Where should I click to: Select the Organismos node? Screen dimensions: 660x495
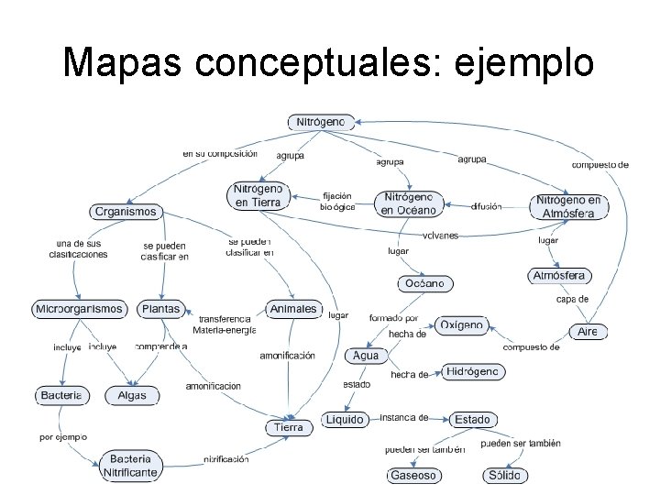pos(126,212)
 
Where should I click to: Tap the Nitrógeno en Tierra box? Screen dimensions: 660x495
pos(258,195)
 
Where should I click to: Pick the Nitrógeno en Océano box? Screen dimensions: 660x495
pos(410,203)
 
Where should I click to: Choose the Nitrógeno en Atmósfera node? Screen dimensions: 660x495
pos(569,206)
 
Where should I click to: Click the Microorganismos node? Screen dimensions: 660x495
pos(79,309)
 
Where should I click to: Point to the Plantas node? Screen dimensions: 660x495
pos(160,309)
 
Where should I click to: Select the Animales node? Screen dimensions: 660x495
pos(293,309)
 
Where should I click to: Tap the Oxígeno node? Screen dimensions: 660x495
pos(461,325)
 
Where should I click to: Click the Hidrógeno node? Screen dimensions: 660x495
pos(473,371)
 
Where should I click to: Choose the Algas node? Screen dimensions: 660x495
pos(132,396)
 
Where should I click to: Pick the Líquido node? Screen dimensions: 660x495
pos(345,419)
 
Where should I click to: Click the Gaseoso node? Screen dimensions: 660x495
pos(414,476)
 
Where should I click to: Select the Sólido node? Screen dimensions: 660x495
pos(505,476)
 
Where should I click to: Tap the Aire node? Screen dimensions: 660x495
pos(588,332)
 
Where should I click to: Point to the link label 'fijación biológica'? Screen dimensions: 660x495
pos(336,202)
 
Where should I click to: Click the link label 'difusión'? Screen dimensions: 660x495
pos(486,207)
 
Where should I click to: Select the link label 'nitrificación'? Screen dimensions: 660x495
pos(226,459)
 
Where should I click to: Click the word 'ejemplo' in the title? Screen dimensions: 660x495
pos(519,62)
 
